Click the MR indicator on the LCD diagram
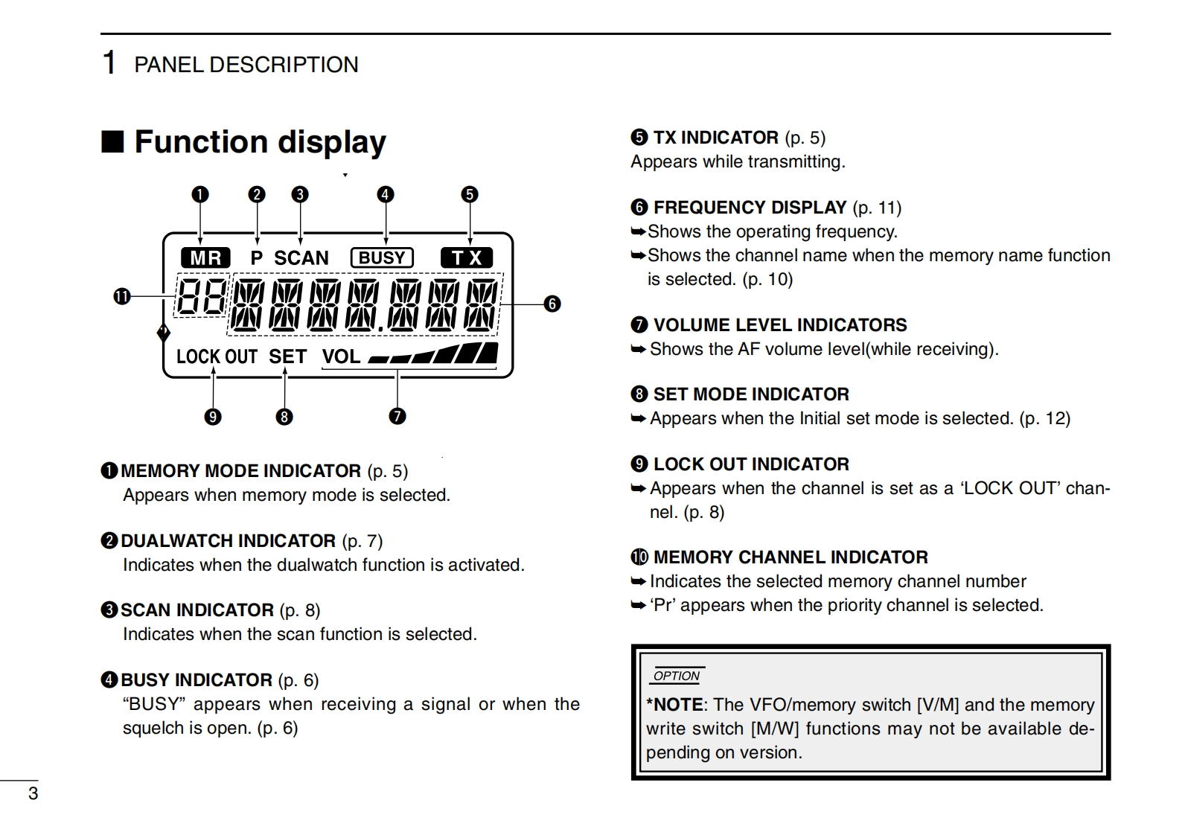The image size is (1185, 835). coord(205,257)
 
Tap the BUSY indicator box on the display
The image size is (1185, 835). coord(382,257)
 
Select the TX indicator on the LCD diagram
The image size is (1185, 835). coord(467,257)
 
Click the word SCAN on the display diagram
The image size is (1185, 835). coord(301,258)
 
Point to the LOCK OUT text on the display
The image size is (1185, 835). coord(217,356)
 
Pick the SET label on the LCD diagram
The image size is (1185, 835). coord(287,356)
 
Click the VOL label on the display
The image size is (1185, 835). coord(341,356)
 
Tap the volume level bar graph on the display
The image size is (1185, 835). coord(433,354)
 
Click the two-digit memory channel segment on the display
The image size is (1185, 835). coord(201,296)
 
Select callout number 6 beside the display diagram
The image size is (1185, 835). coord(552,304)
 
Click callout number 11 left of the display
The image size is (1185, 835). coord(121,297)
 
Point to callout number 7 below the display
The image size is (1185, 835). coord(397,416)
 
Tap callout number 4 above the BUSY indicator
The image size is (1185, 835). coord(385,194)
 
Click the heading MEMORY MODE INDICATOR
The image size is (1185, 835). coord(240,471)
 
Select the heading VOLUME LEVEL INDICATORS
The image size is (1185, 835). coord(779,325)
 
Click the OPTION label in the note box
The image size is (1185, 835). coord(676,676)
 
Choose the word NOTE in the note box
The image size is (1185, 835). coord(677,705)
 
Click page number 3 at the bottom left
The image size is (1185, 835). coord(33,793)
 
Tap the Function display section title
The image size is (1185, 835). coord(260,141)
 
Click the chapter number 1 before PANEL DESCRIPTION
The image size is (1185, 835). coord(109,63)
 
